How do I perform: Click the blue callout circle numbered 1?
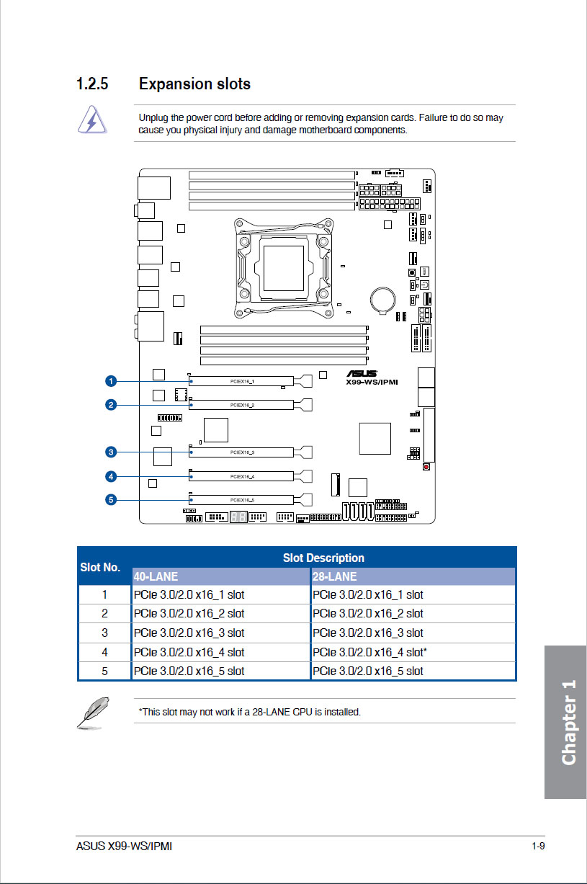[x=111, y=381]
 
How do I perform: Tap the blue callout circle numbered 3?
[x=111, y=452]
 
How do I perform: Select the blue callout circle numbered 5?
[x=111, y=500]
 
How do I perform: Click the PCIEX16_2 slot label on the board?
[x=242, y=406]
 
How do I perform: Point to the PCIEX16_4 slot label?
[x=242, y=477]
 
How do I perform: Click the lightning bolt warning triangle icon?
[x=92, y=120]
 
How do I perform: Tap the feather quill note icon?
[x=93, y=713]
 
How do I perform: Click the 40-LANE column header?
[x=156, y=576]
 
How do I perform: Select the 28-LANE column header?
[x=334, y=576]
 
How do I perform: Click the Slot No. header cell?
[x=100, y=567]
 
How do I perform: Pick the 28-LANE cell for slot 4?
[x=369, y=652]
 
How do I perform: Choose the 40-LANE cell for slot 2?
[x=189, y=614]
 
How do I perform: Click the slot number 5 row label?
[x=104, y=671]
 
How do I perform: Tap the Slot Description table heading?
[x=323, y=558]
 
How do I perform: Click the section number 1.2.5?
[x=92, y=84]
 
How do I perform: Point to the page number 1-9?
[x=538, y=846]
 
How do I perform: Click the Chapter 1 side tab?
[x=565, y=722]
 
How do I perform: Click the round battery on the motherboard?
[x=382, y=300]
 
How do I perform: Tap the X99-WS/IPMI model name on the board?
[x=372, y=382]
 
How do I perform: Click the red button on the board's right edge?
[x=426, y=467]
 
